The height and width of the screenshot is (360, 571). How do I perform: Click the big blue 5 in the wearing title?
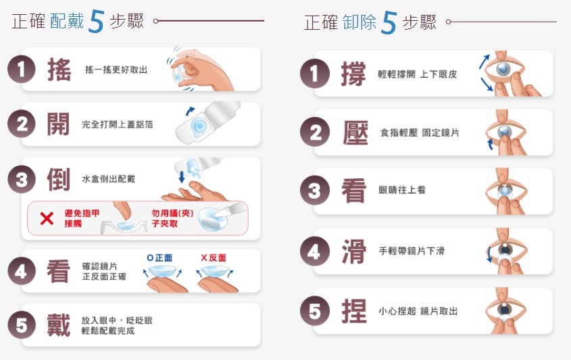pyautogui.click(x=97, y=22)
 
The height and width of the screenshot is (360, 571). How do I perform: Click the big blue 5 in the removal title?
pyautogui.click(x=389, y=23)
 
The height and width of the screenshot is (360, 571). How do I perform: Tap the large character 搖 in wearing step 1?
pyautogui.click(x=59, y=70)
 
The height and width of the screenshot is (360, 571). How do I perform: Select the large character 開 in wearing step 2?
pyautogui.click(x=58, y=124)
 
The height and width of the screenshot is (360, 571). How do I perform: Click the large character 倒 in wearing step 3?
pyautogui.click(x=58, y=179)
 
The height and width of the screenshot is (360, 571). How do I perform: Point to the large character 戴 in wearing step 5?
pyautogui.click(x=58, y=325)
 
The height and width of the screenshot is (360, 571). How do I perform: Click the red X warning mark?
pyautogui.click(x=47, y=218)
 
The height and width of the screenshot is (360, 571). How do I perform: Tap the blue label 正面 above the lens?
pyautogui.click(x=164, y=258)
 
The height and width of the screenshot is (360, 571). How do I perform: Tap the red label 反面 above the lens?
pyautogui.click(x=218, y=258)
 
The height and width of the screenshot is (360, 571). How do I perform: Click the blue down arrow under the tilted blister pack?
pyautogui.click(x=182, y=177)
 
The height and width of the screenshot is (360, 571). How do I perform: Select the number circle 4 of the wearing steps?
pyautogui.click(x=22, y=272)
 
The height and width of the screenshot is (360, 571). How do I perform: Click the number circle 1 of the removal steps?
pyautogui.click(x=315, y=74)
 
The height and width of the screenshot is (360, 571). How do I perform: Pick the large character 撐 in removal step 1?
pyautogui.click(x=353, y=74)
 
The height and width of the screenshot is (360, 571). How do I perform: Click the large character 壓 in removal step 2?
pyautogui.click(x=355, y=132)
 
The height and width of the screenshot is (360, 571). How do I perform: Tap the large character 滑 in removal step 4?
pyautogui.click(x=353, y=251)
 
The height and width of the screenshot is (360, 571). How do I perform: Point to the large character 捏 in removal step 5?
pyautogui.click(x=353, y=311)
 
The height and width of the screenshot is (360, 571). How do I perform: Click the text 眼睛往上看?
pyautogui.click(x=402, y=190)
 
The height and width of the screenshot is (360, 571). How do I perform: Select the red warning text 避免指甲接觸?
pyautogui.click(x=82, y=218)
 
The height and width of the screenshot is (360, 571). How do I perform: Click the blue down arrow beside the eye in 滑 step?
pyautogui.click(x=489, y=254)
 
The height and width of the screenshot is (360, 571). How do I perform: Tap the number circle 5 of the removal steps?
pyautogui.click(x=315, y=311)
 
